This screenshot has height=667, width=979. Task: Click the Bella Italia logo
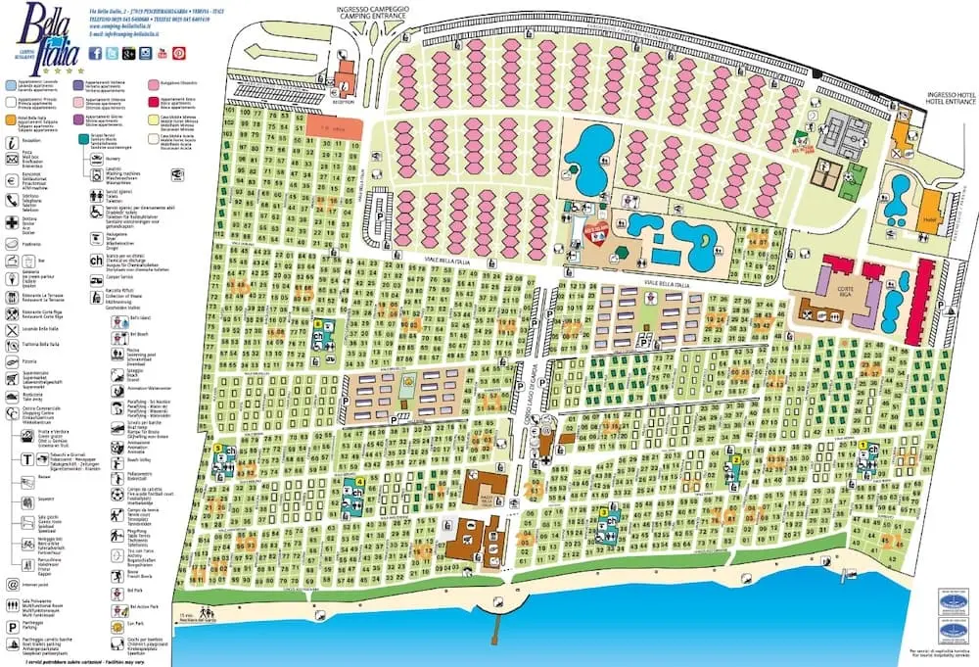pos(38,36)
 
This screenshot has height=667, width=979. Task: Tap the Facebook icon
pos(95,55)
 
